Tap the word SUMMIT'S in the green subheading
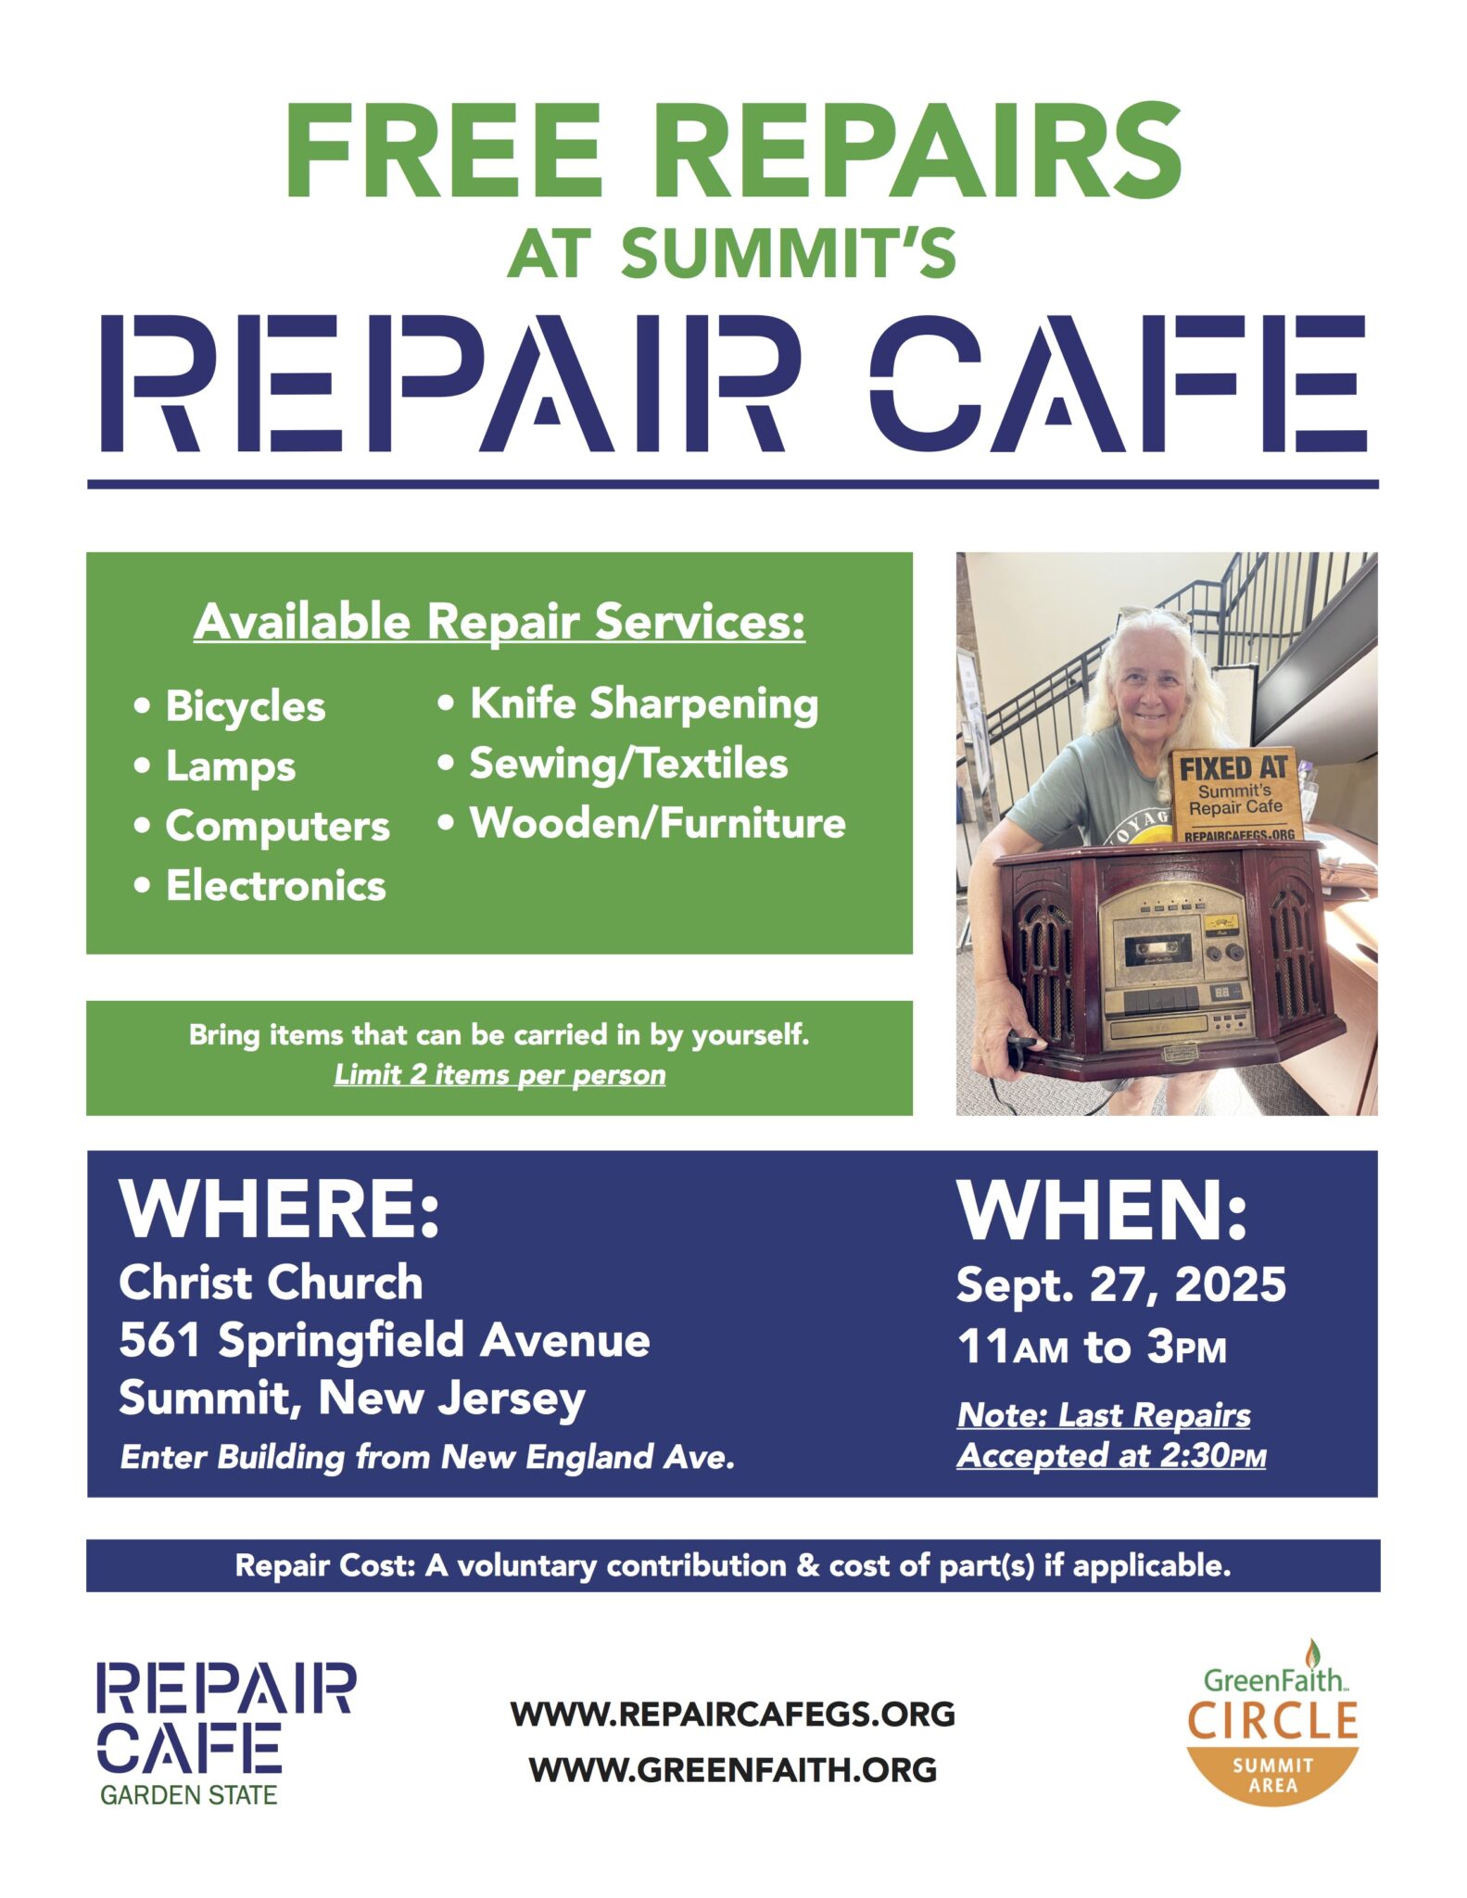click(x=789, y=253)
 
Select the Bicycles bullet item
click(x=230, y=707)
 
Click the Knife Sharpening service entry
click(x=628, y=704)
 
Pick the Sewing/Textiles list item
click(x=613, y=764)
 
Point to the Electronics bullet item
click(x=259, y=886)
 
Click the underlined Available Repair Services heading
click(x=500, y=622)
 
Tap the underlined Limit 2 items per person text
click(x=500, y=1075)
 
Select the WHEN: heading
click(x=1103, y=1210)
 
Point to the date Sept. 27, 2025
click(x=1121, y=1284)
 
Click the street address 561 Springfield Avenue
click(x=385, y=1340)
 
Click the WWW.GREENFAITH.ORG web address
click(x=732, y=1770)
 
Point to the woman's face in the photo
click(x=1150, y=687)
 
